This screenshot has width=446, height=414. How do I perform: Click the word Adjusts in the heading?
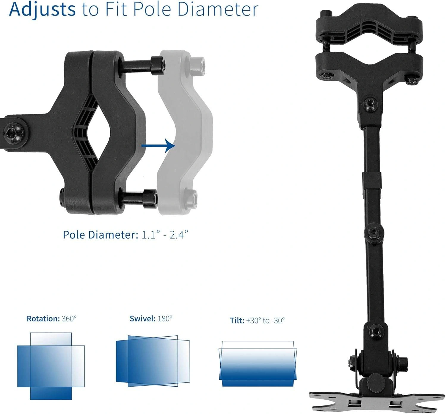42,10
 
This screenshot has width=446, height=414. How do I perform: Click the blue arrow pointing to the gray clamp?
158,146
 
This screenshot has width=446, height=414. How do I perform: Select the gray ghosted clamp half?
185,133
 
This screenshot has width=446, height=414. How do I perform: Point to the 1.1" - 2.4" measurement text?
165,235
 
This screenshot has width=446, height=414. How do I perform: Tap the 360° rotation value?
69,319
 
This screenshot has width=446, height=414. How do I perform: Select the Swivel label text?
143,319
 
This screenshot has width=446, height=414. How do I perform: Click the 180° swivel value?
165,319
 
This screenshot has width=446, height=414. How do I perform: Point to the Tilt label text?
237,320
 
